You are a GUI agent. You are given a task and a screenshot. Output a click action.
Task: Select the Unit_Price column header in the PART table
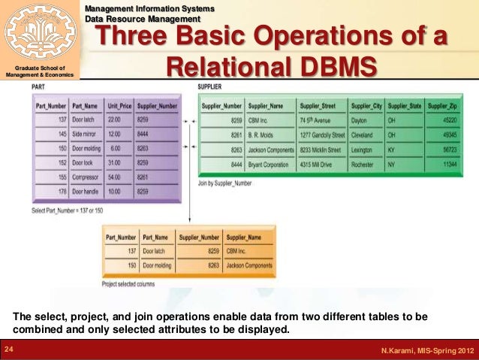click(x=119, y=107)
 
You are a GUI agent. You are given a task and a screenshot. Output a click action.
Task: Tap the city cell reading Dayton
click(x=360, y=119)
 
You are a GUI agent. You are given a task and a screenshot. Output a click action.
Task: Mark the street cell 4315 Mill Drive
click(x=318, y=164)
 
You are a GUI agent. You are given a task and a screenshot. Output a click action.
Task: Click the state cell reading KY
click(x=392, y=150)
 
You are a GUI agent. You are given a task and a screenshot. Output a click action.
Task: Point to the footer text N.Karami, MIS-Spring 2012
click(x=426, y=351)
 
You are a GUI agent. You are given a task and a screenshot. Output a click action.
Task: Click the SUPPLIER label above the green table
click(x=209, y=87)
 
